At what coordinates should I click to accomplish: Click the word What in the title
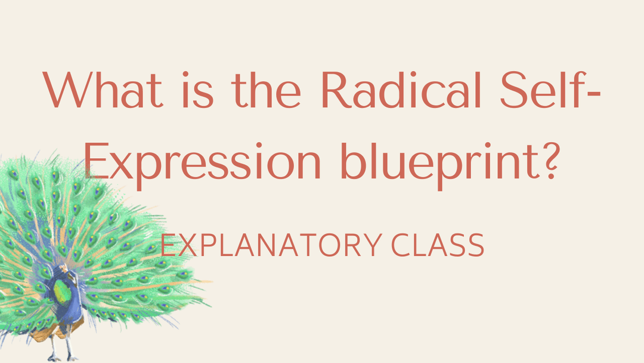click(x=103, y=90)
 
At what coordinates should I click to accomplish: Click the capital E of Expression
click(x=97, y=161)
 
